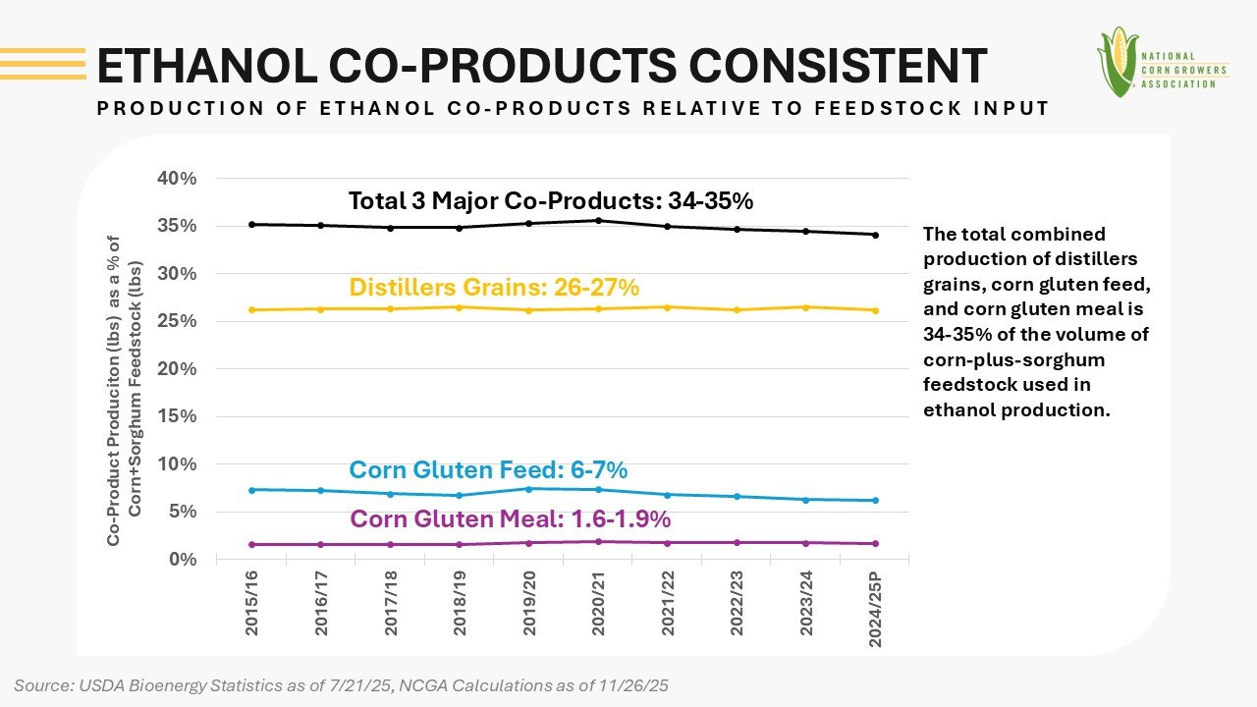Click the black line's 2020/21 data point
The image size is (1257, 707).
pos(598,220)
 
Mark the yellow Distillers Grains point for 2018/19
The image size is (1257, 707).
pos(460,307)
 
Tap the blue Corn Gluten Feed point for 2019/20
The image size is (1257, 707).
pos(529,489)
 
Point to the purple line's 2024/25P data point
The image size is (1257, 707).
pos(875,543)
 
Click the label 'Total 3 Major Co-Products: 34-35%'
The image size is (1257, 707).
pos(550,201)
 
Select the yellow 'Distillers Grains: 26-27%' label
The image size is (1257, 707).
pos(494,288)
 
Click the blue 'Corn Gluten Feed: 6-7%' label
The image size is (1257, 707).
pos(488,470)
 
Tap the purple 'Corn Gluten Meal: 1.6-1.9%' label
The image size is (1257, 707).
pos(510,518)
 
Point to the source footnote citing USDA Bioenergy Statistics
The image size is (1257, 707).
pos(341,685)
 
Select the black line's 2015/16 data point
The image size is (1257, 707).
pos(252,224)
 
